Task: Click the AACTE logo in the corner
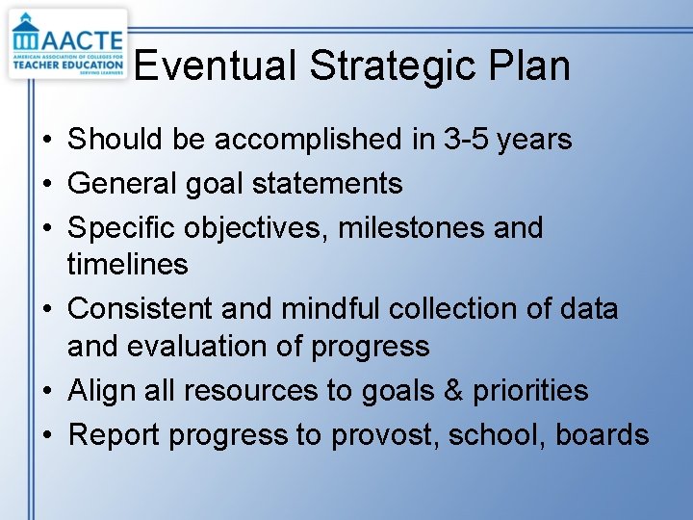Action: tap(67, 44)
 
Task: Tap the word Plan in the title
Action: tap(529, 65)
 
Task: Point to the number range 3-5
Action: tap(465, 140)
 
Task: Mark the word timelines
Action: tap(127, 264)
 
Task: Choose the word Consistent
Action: tap(141, 309)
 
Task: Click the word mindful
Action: tap(332, 309)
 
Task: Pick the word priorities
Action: tap(533, 390)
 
